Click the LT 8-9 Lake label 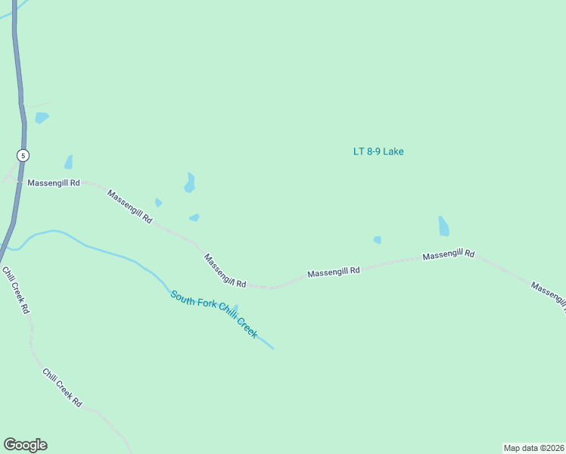378,151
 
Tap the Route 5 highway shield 23,155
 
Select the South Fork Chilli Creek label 213,314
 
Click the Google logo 25,445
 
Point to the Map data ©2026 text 533,448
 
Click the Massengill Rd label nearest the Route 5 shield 53,183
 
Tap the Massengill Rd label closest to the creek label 225,270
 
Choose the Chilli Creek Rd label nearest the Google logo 62,388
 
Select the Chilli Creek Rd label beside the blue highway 15,291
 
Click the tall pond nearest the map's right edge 443,226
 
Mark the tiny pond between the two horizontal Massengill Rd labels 377,240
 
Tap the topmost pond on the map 41,117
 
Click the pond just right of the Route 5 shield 69,162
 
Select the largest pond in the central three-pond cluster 189,182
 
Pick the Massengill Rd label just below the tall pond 448,255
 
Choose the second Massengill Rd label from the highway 129,206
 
